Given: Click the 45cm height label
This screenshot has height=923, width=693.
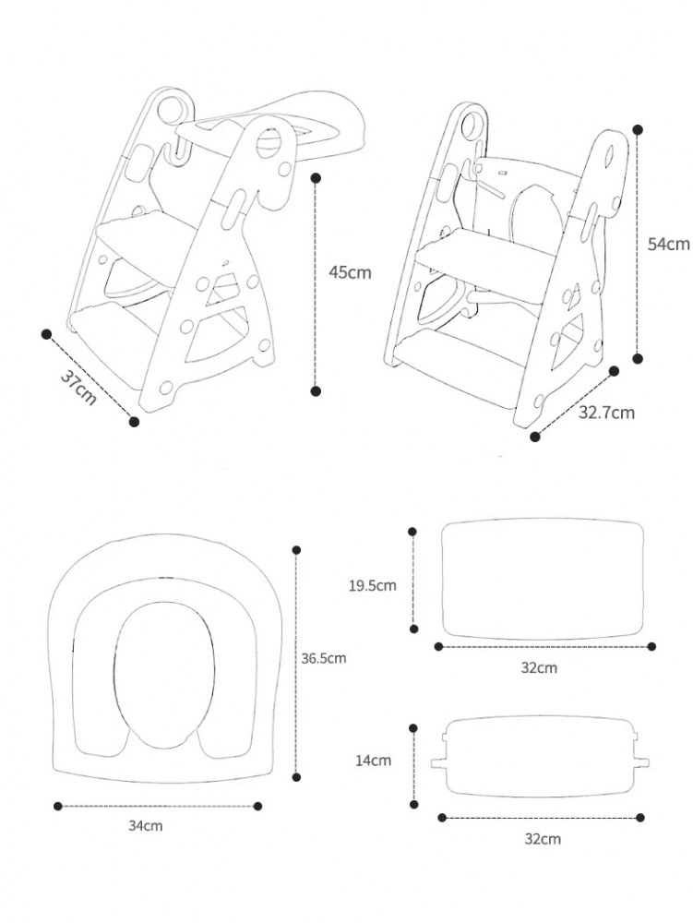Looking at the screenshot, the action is (350, 272).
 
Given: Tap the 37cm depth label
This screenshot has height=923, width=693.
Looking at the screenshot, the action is (78, 388).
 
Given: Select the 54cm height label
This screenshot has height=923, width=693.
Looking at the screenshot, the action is (668, 244).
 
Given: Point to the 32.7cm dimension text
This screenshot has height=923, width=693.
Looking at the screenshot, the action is (606, 412).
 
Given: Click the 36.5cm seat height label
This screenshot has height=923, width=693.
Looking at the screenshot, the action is (324, 658).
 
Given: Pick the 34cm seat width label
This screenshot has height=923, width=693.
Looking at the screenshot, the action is (145, 826).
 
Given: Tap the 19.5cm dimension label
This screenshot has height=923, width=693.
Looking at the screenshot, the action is (373, 586).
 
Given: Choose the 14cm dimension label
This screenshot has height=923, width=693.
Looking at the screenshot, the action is (373, 761).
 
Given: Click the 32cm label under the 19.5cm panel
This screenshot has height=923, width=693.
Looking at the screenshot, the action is (539, 668).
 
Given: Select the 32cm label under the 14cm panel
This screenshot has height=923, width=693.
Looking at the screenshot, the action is (543, 839).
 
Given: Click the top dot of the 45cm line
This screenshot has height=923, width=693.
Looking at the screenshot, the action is (316, 176).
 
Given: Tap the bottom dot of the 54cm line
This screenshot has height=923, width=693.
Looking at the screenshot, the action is (637, 358).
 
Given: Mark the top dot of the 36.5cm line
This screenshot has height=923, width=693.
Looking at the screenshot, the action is (296, 550).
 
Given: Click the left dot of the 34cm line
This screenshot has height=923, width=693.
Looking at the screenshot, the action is (57, 806).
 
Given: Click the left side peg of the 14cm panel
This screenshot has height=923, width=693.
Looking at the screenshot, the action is (439, 763).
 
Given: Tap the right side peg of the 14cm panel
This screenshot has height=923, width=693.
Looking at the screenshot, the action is (641, 763).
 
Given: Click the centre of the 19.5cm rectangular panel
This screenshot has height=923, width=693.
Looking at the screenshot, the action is (542, 579).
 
